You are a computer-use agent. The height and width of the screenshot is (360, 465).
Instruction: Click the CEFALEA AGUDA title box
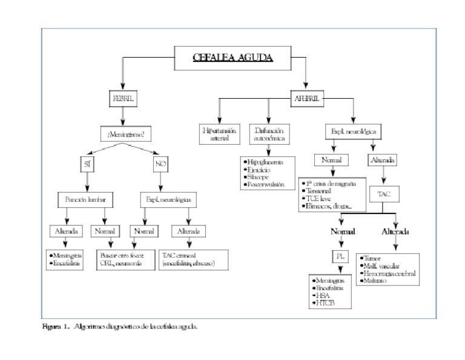point(232,58)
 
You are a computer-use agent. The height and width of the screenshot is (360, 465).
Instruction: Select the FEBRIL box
point(123,98)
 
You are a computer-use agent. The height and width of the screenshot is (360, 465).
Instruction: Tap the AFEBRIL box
point(308,98)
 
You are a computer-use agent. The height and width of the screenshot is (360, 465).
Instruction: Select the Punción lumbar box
point(87,199)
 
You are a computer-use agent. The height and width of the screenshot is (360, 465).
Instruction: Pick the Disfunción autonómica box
point(269,134)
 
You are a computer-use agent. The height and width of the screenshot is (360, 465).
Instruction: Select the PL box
point(339,256)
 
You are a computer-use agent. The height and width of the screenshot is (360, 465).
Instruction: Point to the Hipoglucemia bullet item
point(264,163)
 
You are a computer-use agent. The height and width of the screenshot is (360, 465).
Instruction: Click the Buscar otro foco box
point(123,259)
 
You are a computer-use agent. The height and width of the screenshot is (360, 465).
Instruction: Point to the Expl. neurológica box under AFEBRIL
point(353,130)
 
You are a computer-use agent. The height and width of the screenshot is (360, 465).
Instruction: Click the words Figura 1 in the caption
point(55,326)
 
